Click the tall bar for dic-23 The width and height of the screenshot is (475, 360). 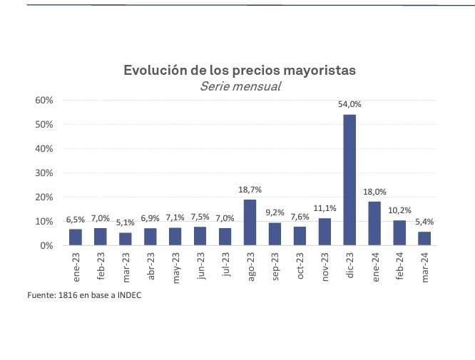coord(349,180)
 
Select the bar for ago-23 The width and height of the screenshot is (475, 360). coord(250,222)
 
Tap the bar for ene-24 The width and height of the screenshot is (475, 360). coord(374,223)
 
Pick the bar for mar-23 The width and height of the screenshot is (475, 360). coord(126,239)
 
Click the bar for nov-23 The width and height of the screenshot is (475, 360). coord(325,232)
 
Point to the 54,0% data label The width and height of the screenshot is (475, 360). coord(349,104)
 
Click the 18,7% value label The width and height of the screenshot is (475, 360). coord(250,190)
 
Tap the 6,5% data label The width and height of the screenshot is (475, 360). coord(76,220)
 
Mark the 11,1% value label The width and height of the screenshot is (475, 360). coord(325,207)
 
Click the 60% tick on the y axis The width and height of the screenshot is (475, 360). coord(44,100)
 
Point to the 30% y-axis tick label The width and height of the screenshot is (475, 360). coord(44,173)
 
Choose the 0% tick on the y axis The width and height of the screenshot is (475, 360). coord(47,245)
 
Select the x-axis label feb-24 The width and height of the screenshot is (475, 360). coord(400,264)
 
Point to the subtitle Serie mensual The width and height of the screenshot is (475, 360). coord(240,86)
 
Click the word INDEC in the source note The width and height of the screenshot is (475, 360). coord(128,295)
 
